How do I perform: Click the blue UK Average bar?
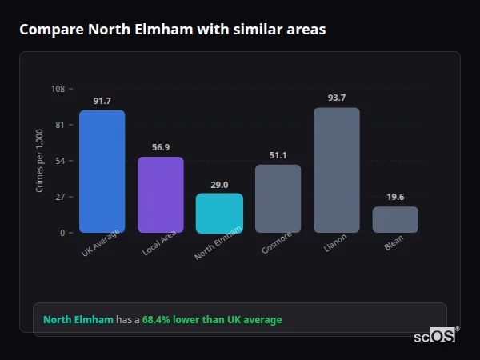[x=102, y=171]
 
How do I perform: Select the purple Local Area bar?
[x=161, y=194]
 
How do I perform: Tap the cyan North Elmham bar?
[x=219, y=213]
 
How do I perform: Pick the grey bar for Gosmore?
[x=278, y=198]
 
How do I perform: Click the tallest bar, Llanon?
[x=337, y=170]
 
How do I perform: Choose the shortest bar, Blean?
[x=395, y=219]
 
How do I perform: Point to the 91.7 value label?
[x=102, y=101]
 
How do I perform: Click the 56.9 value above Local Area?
[x=161, y=147]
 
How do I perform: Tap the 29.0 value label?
[x=219, y=184]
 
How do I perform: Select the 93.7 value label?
[x=337, y=98]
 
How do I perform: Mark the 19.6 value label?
[x=395, y=197]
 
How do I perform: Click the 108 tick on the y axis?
[x=58, y=89]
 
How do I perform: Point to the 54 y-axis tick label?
[x=60, y=161]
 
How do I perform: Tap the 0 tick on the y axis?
[x=62, y=233]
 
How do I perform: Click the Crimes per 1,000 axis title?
[x=40, y=161]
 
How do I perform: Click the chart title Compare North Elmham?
[x=172, y=30]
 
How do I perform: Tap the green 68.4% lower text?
[x=212, y=320]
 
